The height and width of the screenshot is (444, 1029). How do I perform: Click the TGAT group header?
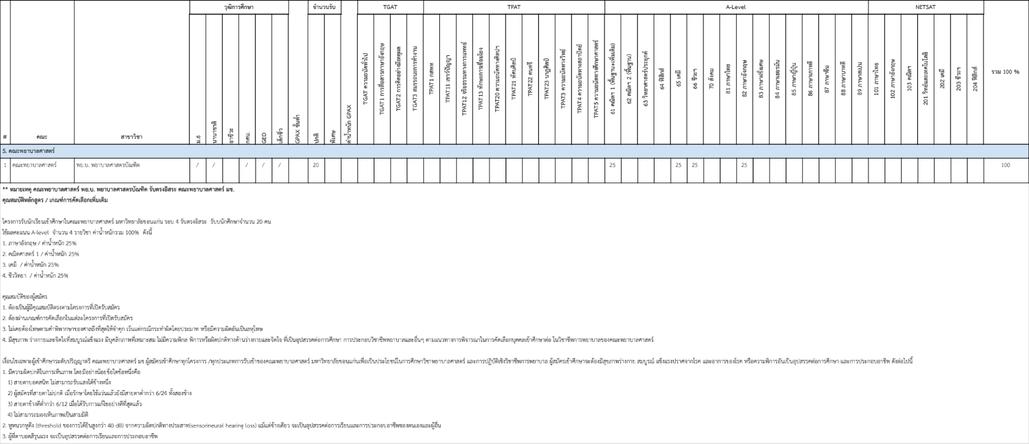point(390,7)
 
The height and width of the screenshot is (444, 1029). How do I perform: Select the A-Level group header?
point(735,7)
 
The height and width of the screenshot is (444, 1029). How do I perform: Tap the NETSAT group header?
point(925,7)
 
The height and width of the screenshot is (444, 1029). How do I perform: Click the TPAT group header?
point(514,7)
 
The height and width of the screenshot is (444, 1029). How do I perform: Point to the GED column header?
point(264,137)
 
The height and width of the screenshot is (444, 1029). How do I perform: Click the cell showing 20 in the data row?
point(315,165)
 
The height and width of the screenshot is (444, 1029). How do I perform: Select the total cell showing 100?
point(1005,165)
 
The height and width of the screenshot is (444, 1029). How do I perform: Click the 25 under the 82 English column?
point(744,165)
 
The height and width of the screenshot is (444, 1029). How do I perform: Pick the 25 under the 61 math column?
point(612,165)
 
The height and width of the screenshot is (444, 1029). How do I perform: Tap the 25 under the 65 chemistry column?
point(678,165)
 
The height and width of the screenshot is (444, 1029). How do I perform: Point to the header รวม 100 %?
point(1005,72)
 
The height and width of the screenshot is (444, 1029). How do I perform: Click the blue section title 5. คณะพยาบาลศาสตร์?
point(28,150)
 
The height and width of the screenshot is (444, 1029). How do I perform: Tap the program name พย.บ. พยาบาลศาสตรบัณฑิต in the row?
point(107,165)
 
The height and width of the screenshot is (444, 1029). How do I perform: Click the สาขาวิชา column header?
point(132,137)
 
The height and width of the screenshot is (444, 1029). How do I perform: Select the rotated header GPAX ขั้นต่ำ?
point(297,129)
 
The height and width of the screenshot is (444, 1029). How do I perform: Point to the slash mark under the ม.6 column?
point(197,165)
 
